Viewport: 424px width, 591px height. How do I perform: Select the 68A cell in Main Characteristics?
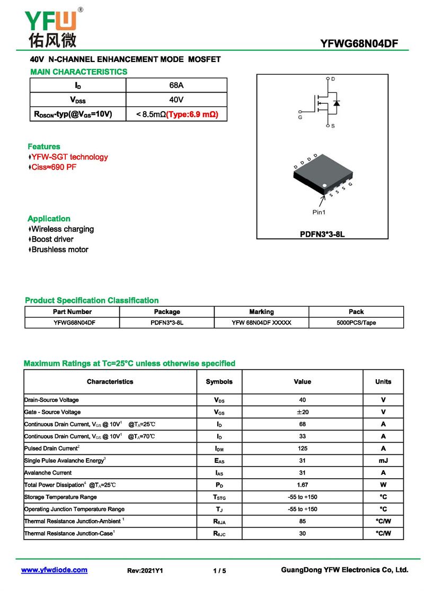176,85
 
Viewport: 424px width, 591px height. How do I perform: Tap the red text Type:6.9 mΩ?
192,114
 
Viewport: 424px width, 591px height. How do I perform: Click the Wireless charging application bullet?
62,229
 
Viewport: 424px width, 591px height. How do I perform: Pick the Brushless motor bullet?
59,249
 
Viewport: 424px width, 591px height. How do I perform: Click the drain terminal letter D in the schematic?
333,79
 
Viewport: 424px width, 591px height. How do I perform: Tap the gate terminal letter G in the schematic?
300,118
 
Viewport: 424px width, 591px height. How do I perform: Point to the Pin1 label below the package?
319,212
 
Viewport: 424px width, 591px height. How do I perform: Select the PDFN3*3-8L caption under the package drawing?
322,234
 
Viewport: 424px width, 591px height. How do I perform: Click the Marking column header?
261,312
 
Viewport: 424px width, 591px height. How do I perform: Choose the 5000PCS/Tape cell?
356,323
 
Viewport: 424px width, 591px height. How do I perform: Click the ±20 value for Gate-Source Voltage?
302,412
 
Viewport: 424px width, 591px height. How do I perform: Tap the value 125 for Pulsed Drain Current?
302,449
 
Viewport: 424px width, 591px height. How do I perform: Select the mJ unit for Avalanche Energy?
383,461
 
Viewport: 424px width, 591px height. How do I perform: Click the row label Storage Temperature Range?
60,497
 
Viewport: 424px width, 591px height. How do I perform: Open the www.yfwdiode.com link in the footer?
54,570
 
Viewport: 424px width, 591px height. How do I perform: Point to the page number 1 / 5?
219,570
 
